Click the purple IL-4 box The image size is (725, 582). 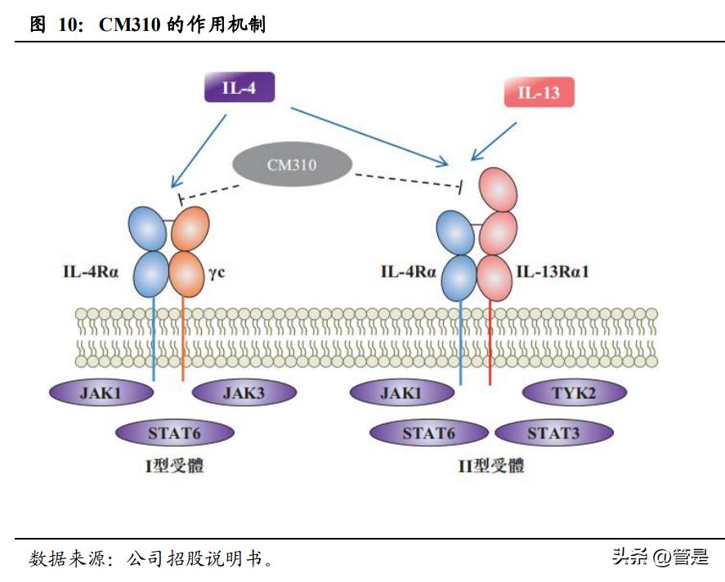point(239,87)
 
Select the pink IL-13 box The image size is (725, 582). point(539,92)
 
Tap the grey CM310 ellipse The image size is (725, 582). point(292,165)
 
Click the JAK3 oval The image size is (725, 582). point(244,393)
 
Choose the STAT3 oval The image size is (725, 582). point(553,433)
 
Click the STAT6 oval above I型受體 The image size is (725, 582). point(175,433)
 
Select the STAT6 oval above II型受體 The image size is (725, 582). point(428,433)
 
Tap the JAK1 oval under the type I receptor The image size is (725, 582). point(102,393)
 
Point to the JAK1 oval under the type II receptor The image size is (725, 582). point(401,393)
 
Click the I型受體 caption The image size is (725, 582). point(174,466)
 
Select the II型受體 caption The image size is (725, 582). point(491,466)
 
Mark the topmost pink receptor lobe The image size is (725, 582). point(499,190)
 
